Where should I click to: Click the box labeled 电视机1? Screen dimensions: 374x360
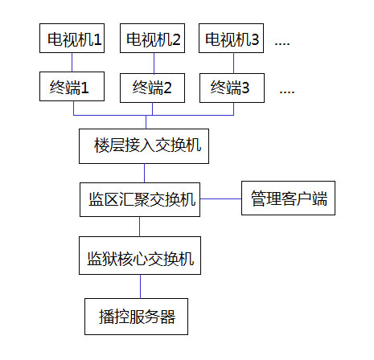coord(72,38)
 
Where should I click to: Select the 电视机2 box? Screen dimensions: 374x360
coord(152,38)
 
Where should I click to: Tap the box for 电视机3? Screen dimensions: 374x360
coord(231,38)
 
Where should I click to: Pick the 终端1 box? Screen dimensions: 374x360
coord(72,86)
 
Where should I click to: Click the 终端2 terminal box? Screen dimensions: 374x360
coord(152,88)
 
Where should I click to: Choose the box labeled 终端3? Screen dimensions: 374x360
coord(232,88)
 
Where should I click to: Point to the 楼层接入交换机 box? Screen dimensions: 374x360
coord(144,146)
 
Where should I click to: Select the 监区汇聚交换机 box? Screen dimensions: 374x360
coord(140,199)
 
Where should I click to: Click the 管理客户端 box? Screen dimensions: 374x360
coord(288,198)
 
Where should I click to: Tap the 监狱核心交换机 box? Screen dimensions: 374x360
coord(140,256)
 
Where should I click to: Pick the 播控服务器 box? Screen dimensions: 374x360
coord(136,317)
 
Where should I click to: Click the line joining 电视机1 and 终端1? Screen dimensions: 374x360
coord(72,62)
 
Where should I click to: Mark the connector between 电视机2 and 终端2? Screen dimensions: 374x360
coord(154,63)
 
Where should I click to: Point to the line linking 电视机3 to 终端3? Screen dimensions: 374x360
coord(233,63)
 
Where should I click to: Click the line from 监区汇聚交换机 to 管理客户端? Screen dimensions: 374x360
coord(220,198)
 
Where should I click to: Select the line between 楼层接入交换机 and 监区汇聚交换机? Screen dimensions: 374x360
coord(145,174)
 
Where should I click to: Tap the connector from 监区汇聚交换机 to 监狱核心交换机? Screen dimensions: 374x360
coord(139,227)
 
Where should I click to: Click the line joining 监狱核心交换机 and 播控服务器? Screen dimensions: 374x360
coord(140,286)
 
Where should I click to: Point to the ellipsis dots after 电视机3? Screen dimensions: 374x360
coord(282,44)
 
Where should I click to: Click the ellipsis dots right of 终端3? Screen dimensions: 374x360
coord(287,92)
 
